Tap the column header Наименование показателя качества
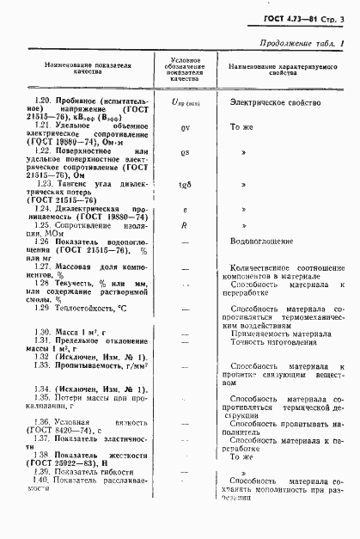(x=82, y=69)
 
